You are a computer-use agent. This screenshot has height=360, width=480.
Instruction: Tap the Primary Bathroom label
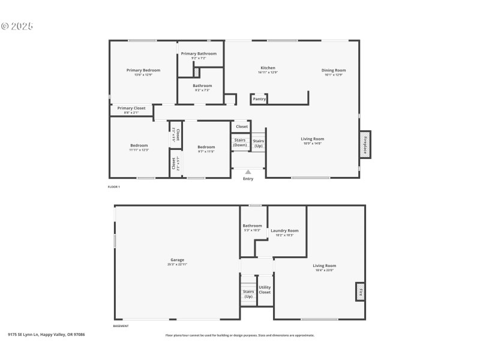click(199, 53)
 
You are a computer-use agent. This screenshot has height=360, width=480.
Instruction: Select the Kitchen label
click(268, 68)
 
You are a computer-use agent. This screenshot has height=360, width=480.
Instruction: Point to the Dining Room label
click(334, 70)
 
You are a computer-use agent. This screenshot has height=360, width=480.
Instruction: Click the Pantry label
click(259, 100)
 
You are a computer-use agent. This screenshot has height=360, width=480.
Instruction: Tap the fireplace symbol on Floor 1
click(364, 144)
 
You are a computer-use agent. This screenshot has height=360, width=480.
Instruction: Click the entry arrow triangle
click(248, 172)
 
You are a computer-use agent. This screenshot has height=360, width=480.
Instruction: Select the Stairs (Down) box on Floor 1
click(240, 142)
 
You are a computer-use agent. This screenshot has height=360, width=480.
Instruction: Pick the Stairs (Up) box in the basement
click(248, 293)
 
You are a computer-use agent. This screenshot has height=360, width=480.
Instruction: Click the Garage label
click(177, 260)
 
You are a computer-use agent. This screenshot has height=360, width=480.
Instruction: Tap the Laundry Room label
click(284, 230)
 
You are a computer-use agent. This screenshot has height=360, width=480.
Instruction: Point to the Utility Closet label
click(265, 290)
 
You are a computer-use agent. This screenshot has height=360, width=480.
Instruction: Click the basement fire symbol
click(360, 292)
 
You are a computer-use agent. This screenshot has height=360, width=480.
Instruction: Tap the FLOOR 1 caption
click(113, 187)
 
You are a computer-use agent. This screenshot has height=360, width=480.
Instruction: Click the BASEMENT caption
click(121, 326)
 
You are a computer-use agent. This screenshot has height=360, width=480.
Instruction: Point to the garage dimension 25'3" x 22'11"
click(177, 265)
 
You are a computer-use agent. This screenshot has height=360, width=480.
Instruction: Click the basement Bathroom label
click(252, 226)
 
